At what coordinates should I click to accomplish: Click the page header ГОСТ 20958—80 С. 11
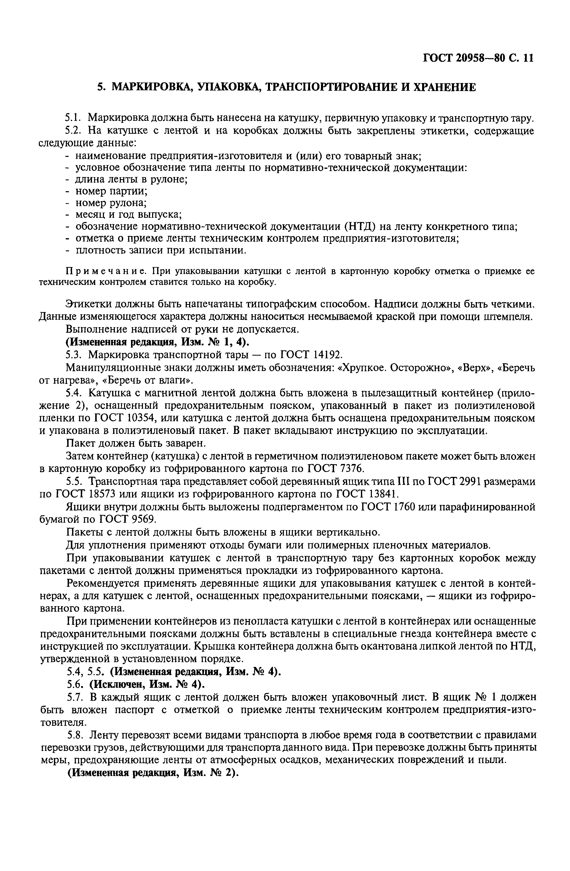point(478,58)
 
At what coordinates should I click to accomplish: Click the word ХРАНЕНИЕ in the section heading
point(444,87)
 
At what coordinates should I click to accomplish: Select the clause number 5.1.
point(72,118)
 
